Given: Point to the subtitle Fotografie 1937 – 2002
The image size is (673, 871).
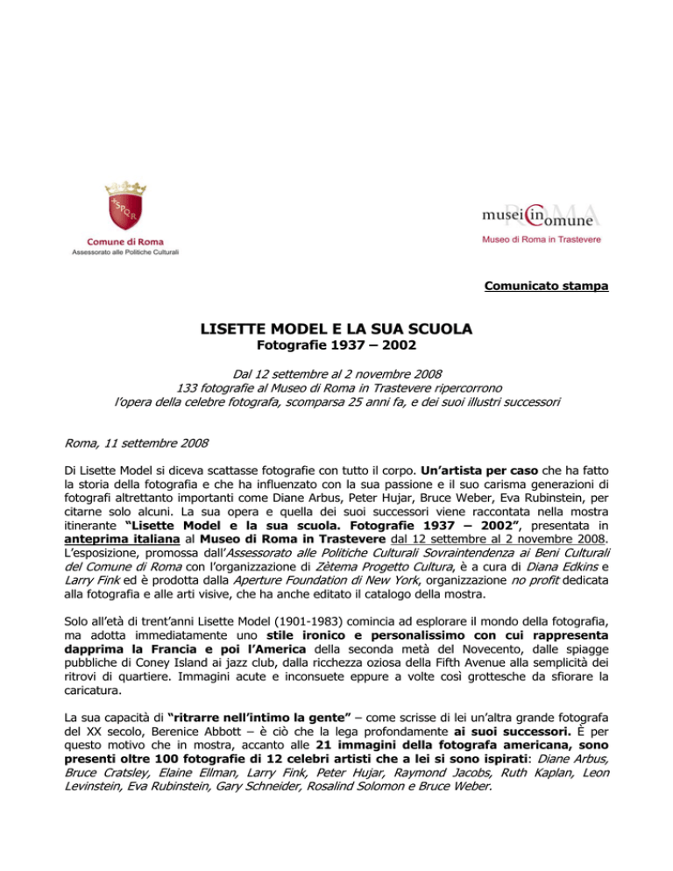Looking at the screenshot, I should pyautogui.click(x=336, y=349).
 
